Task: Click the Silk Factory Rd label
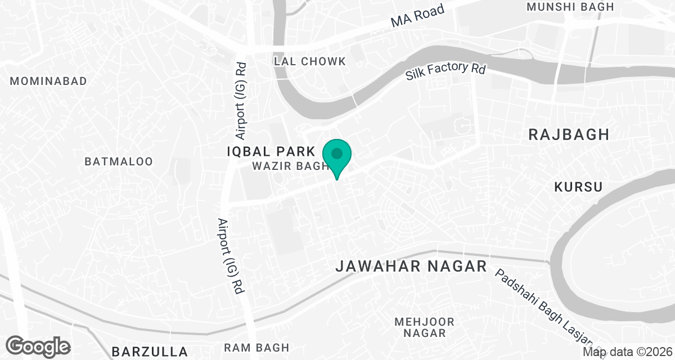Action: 445,71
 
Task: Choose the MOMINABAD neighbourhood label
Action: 48,81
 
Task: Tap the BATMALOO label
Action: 118,161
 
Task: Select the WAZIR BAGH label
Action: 290,166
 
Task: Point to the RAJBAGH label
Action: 569,134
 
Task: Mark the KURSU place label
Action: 578,187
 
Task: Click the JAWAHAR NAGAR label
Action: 411,267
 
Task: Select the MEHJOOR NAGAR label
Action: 420,327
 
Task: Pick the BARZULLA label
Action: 149,352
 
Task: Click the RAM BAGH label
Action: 256,348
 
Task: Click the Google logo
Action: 38,346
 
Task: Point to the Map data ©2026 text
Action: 627,352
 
